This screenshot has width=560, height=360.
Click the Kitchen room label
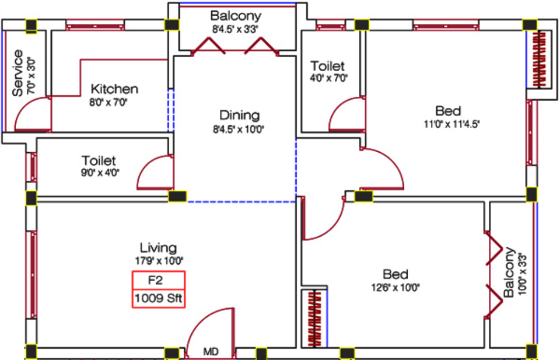pyautogui.click(x=114, y=89)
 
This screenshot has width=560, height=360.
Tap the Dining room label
pyautogui.click(x=239, y=115)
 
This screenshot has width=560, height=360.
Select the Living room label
pyautogui.click(x=158, y=248)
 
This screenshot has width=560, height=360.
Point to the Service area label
pyautogui.click(x=18, y=73)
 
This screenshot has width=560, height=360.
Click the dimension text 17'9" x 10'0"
pyautogui.click(x=159, y=261)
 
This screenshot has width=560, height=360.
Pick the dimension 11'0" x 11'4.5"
pyautogui.click(x=452, y=124)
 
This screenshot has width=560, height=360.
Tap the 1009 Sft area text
pyautogui.click(x=158, y=298)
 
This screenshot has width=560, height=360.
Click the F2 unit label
pyautogui.click(x=155, y=281)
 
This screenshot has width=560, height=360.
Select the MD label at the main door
pyautogui.click(x=211, y=352)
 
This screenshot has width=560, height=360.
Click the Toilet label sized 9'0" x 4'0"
pyautogui.click(x=99, y=160)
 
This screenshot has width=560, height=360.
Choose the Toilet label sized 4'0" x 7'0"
pyautogui.click(x=327, y=66)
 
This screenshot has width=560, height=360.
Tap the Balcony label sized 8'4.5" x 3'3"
pyautogui.click(x=235, y=16)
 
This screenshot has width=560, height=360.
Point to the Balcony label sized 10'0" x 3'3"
pyautogui.click(x=509, y=272)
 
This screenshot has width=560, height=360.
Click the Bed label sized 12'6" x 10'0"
pyautogui.click(x=396, y=274)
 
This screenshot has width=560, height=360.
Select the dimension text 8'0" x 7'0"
pyautogui.click(x=108, y=102)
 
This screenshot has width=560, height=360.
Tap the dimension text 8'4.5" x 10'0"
pyautogui.click(x=239, y=129)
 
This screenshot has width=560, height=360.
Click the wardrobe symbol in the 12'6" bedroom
pyautogui.click(x=314, y=318)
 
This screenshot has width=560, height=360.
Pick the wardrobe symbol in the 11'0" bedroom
pyautogui.click(x=539, y=59)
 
